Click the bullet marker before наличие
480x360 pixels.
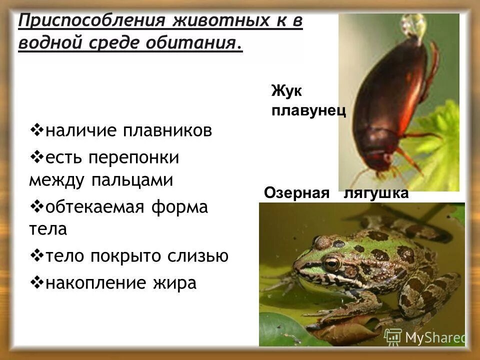pos(37,131)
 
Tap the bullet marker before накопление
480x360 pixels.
pos(37,282)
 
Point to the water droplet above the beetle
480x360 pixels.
pos(414,25)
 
